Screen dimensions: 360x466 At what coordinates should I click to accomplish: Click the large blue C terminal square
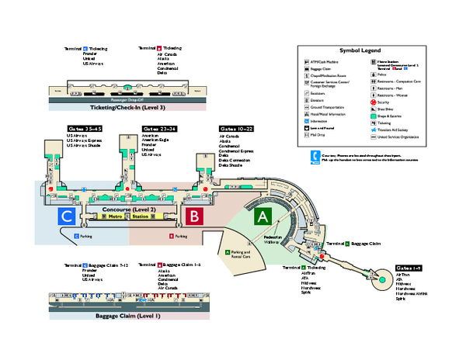68,216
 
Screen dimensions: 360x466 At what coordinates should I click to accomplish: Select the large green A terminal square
263,216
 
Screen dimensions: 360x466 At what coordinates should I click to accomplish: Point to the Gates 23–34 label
160,129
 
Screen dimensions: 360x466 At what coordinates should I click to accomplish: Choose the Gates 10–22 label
236,129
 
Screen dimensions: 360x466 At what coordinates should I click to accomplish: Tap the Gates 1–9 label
409,268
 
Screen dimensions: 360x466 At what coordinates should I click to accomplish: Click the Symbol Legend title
360,48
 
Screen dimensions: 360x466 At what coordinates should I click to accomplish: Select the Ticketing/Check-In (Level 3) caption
128,107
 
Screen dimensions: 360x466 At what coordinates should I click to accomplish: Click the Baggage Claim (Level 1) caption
127,315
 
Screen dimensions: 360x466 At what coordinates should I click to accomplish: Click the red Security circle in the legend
371,102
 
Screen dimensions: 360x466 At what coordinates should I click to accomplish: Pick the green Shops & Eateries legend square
371,116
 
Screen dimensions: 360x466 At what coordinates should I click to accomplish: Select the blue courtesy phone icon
315,157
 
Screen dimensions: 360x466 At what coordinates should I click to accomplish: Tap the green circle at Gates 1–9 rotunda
381,279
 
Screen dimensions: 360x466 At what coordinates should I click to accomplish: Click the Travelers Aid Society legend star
371,129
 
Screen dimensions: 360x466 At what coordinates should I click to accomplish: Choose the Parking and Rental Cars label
241,254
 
